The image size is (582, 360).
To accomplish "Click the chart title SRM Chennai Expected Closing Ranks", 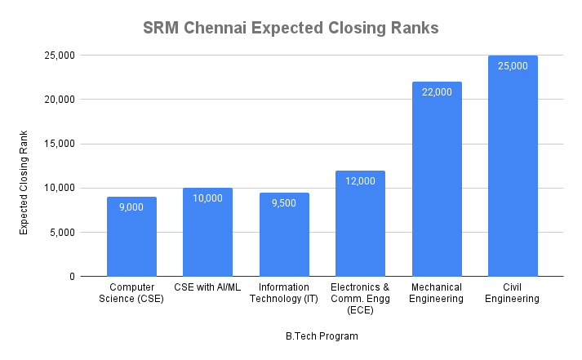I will click(291, 28).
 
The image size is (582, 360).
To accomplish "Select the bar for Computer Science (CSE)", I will click(131, 241).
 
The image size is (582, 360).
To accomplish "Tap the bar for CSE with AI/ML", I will click(207, 237).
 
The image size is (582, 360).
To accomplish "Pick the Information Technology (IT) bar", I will click(284, 238).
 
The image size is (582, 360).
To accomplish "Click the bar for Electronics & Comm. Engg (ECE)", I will click(360, 229).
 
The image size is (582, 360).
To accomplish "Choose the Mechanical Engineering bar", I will click(437, 184).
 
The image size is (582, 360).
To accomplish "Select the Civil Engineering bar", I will click(513, 171).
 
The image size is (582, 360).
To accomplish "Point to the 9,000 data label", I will click(131, 207).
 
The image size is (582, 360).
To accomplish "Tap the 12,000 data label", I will click(360, 181).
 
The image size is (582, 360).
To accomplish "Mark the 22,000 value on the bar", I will click(437, 92).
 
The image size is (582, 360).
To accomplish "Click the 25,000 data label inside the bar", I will click(513, 66).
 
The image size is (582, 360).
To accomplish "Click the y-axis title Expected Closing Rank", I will click(24, 182).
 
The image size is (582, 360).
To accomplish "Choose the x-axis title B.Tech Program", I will click(322, 336).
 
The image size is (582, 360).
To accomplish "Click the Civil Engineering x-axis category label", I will click(513, 293).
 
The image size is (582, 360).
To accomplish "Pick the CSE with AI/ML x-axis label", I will click(207, 287).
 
